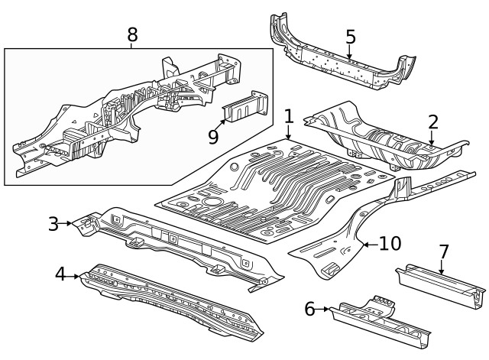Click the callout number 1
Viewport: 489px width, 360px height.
pos(289,117)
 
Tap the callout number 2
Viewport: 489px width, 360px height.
pos(432,122)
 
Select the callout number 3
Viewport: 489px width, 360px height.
pos(53,223)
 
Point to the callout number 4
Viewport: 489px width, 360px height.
pos(60,274)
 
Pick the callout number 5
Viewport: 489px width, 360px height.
pos(350,37)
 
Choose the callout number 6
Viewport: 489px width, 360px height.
pos(309,309)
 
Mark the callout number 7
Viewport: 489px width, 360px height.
pos(442,251)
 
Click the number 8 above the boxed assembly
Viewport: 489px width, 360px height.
pos(132,34)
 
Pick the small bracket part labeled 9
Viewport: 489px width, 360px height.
pos(246,109)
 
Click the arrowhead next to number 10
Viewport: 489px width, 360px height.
pos(364,244)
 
